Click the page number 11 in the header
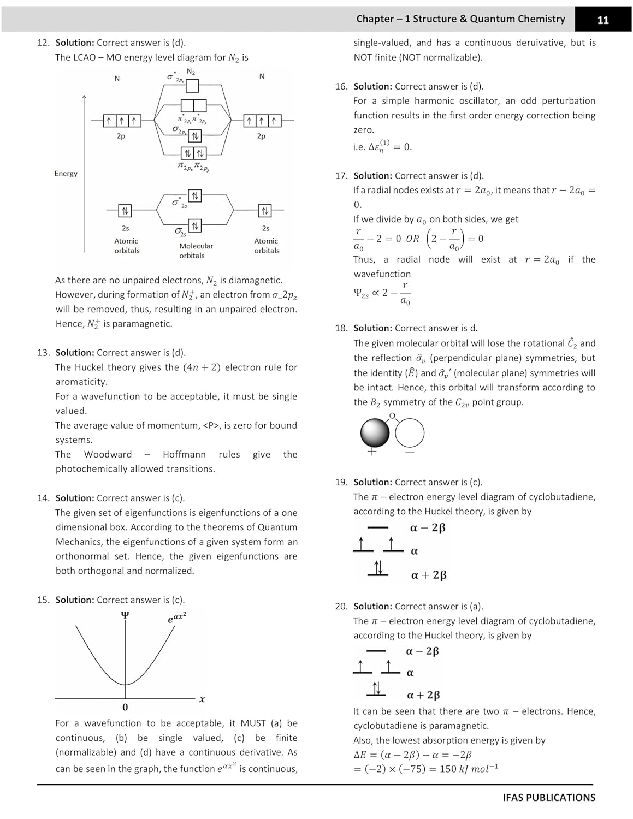click(x=602, y=20)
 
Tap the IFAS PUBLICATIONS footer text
click(x=548, y=797)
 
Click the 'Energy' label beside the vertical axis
click(x=66, y=174)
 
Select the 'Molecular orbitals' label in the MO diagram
click(x=196, y=251)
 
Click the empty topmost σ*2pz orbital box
click(x=192, y=86)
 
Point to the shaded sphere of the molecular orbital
click(x=375, y=433)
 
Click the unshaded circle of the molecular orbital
click(x=410, y=433)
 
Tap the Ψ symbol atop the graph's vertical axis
click(x=125, y=615)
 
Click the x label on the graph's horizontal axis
click(x=202, y=699)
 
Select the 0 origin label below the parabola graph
click(x=125, y=708)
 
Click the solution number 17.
click(x=341, y=176)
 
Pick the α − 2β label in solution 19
click(x=428, y=528)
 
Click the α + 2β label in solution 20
click(x=423, y=695)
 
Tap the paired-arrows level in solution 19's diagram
click(x=378, y=568)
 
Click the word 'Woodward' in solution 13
click(x=108, y=454)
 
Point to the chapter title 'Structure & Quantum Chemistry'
click(x=489, y=19)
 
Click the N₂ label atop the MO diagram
click(x=191, y=72)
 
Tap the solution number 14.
click(x=43, y=498)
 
